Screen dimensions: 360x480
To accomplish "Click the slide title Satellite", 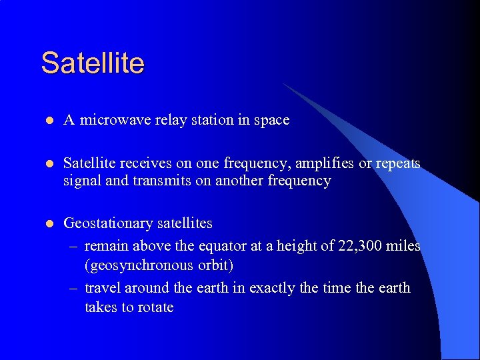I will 93,63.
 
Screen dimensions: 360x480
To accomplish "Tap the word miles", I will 404,246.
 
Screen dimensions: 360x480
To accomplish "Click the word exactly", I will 272,288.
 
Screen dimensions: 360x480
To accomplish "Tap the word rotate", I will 155,307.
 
